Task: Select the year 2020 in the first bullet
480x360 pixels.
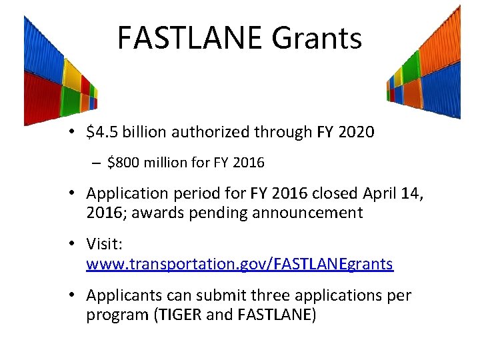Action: [x=356, y=133]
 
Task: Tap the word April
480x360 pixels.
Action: [x=385, y=193]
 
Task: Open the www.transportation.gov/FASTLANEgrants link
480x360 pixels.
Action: [x=239, y=264]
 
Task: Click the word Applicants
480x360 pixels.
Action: [x=123, y=295]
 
